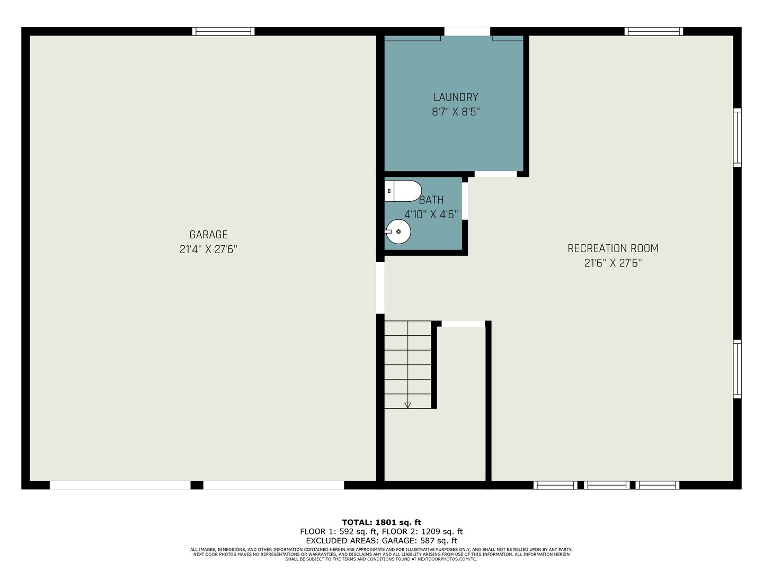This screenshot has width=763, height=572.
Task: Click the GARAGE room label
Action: click(x=208, y=235)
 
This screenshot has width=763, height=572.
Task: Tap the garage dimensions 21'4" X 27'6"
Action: click(x=208, y=249)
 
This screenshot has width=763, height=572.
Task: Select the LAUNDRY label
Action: click(x=456, y=97)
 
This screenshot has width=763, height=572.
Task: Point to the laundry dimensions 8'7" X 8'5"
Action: click(x=456, y=112)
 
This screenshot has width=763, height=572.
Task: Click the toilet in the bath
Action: click(x=403, y=191)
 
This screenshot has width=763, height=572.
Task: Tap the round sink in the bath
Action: click(x=398, y=231)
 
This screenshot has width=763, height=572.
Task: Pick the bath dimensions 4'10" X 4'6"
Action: click(x=431, y=215)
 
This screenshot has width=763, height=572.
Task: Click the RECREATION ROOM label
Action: click(x=613, y=248)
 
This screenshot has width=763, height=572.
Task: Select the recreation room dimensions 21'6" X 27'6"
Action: click(x=613, y=263)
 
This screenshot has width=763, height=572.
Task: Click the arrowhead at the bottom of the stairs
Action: click(x=408, y=405)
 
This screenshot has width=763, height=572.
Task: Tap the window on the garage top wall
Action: click(x=224, y=32)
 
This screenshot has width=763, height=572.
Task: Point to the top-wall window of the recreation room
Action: click(x=653, y=32)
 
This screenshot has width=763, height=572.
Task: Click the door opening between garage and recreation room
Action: click(x=380, y=288)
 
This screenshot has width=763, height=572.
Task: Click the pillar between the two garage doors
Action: click(x=197, y=485)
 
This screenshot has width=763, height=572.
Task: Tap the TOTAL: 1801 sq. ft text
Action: click(x=381, y=522)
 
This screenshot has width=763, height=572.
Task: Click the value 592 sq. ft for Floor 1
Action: click(x=358, y=531)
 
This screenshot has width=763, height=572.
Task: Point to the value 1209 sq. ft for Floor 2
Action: click(x=442, y=531)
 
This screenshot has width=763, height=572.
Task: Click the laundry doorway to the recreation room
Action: click(x=496, y=174)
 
